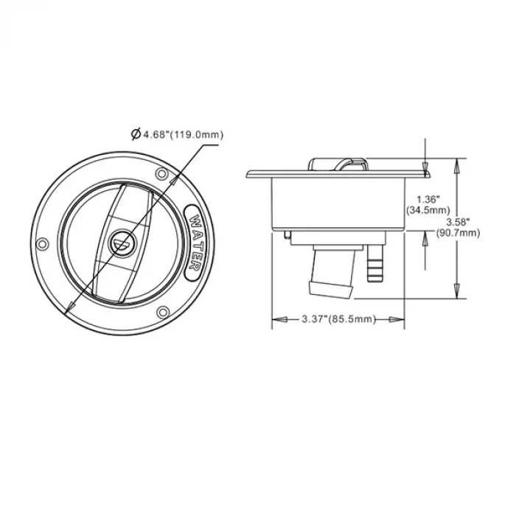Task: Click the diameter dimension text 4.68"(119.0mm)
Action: (x=182, y=135)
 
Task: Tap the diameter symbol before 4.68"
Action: (x=135, y=134)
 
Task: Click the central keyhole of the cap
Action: (x=122, y=243)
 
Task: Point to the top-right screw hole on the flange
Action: (x=161, y=173)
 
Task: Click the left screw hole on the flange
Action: (x=42, y=244)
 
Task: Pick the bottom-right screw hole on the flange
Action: (x=163, y=312)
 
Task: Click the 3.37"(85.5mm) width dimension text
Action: (x=338, y=319)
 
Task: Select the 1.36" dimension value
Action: (x=428, y=200)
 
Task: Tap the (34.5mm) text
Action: (x=428, y=210)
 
